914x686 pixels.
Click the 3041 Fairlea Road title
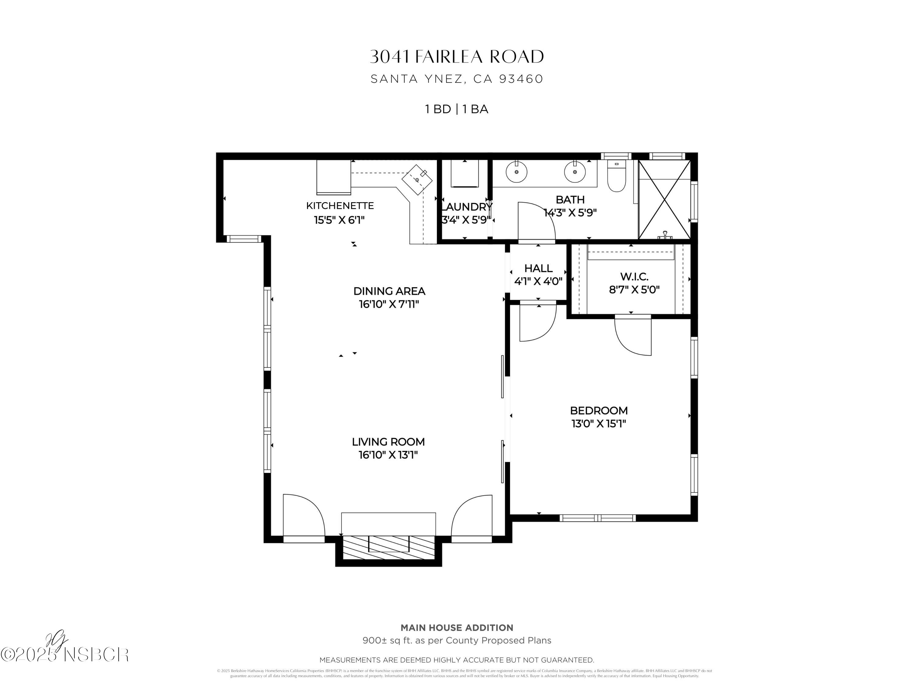[x=457, y=57]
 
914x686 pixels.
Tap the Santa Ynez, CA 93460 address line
[x=457, y=79]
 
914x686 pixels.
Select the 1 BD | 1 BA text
[x=457, y=109]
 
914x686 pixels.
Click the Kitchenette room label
[x=340, y=205]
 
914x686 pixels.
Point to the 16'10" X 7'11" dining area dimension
[x=389, y=304]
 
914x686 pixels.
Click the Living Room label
[x=388, y=441]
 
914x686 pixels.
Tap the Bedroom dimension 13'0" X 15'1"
[x=599, y=423]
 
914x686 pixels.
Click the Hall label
[x=538, y=268]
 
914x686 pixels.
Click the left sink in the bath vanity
[x=516, y=172]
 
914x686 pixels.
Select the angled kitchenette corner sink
[x=417, y=180]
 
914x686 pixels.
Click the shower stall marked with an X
[x=664, y=200]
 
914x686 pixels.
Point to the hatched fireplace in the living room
[x=388, y=549]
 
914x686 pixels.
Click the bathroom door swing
[x=536, y=221]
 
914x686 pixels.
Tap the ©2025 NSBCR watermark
[x=65, y=655]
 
